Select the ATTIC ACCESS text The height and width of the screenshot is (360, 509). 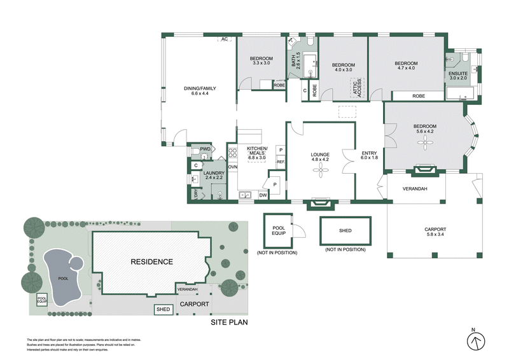[x=357, y=88]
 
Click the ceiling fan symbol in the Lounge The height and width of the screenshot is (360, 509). [x=322, y=172]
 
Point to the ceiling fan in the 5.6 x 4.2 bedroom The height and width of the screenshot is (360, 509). [x=424, y=144]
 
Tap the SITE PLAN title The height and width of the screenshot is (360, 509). [x=229, y=322]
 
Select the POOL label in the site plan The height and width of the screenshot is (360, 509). [x=63, y=279]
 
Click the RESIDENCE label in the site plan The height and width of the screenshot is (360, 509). [x=151, y=261]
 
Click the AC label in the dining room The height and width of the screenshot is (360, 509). [x=224, y=39]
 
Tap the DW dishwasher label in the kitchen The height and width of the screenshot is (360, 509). [x=263, y=196]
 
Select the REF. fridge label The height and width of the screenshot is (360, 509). [x=281, y=162]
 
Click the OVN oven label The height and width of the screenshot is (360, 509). [x=232, y=167]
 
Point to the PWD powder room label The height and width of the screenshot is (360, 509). [x=205, y=149]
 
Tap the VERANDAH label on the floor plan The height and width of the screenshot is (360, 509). [x=415, y=189]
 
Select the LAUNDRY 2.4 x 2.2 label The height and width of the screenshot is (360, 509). [x=213, y=175]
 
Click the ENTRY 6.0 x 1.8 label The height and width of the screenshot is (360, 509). [x=369, y=156]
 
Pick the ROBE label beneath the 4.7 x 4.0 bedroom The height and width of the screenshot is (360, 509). [x=418, y=95]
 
